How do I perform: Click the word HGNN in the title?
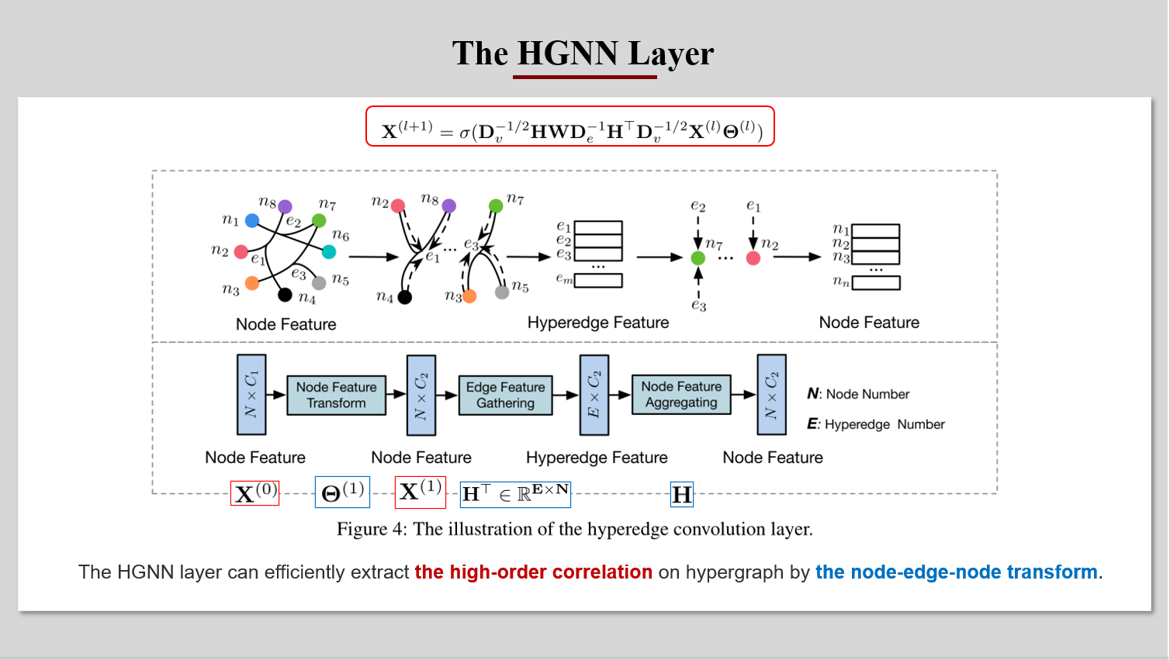(567, 54)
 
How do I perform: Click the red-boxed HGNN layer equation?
(570, 126)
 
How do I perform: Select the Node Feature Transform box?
(337, 396)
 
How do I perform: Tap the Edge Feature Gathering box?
(505, 396)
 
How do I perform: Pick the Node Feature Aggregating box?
(681, 395)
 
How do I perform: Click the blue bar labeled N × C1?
(251, 395)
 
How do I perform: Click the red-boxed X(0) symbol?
(254, 493)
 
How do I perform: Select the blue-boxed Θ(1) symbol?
(342, 492)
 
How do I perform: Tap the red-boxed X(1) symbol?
(420, 492)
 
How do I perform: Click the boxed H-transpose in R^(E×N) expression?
(515, 493)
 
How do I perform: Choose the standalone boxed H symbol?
(681, 494)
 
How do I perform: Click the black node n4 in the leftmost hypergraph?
(285, 295)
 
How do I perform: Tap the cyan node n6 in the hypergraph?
(329, 251)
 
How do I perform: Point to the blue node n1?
(252, 221)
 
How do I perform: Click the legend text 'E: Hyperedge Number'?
(876, 424)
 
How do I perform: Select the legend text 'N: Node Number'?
(858, 394)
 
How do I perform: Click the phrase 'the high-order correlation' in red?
(533, 572)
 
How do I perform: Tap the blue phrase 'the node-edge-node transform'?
(956, 572)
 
